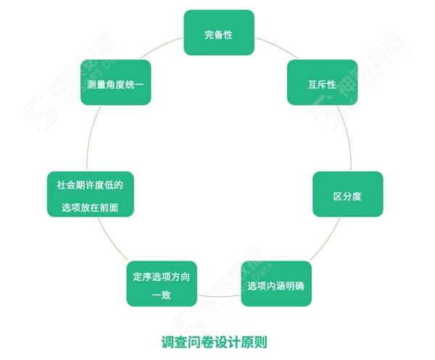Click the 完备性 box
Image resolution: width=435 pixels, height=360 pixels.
[x=219, y=33]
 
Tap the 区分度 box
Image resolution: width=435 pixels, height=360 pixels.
[x=347, y=195]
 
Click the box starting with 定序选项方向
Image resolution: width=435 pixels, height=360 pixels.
[x=162, y=284]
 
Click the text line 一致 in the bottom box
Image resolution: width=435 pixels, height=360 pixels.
[x=162, y=294]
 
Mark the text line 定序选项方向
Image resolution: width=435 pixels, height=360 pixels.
[x=162, y=276]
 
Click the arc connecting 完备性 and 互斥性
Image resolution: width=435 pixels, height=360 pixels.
[x=273, y=46]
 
